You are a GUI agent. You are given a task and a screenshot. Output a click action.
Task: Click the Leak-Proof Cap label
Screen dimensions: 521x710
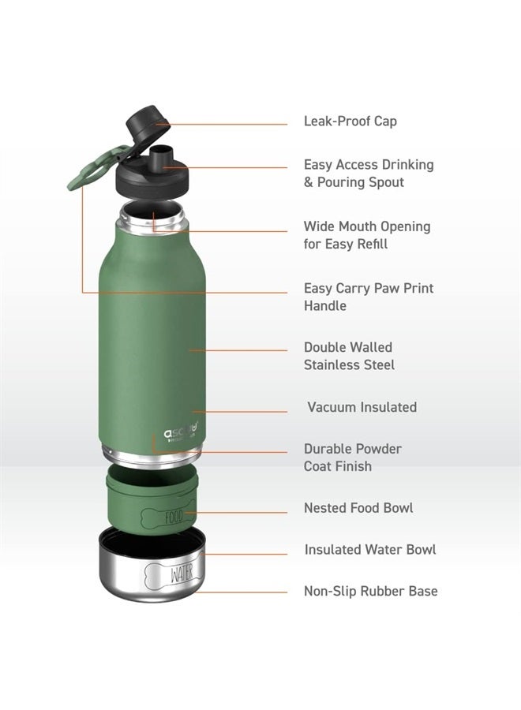(350, 121)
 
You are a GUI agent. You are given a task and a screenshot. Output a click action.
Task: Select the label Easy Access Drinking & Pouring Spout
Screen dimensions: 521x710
(369, 173)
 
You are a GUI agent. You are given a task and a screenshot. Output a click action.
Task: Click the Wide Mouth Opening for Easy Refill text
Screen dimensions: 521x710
(367, 235)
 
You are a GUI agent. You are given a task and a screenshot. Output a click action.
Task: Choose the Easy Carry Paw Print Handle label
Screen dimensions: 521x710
(369, 297)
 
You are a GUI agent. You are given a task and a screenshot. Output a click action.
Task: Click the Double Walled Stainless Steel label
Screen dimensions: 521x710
(349, 356)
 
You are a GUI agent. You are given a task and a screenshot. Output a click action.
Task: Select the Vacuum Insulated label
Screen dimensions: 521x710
(362, 406)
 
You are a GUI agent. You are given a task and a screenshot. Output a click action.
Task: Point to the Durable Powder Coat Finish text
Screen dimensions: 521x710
(353, 458)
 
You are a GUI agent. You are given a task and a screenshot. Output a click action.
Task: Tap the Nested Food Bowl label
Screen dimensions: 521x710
(358, 508)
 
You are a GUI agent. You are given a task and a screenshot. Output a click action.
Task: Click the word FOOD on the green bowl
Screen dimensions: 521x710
(174, 517)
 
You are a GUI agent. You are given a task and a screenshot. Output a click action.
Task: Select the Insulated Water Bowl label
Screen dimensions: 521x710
(370, 550)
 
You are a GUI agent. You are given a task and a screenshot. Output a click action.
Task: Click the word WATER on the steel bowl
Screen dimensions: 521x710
(182, 574)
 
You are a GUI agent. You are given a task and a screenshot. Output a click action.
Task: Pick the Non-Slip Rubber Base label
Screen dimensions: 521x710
(370, 591)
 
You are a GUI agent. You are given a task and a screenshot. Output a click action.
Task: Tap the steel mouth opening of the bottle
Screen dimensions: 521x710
(152, 219)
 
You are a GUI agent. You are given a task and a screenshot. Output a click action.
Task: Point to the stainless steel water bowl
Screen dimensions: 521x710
(152, 565)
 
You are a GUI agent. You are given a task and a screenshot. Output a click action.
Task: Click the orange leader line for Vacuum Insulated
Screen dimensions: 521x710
(240, 412)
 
